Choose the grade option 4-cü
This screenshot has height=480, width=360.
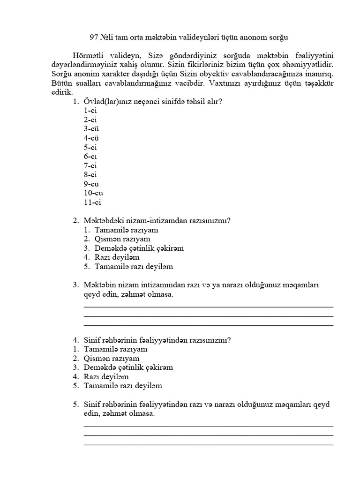91,138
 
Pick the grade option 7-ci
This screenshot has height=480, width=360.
90,165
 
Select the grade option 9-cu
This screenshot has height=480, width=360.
91,184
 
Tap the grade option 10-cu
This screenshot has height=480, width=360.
93,193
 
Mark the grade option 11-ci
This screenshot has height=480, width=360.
92,202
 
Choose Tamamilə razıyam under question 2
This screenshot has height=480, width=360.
126,230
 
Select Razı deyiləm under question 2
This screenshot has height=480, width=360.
117,257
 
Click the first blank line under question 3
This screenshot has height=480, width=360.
208,306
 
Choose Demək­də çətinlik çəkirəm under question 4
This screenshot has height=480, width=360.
128,367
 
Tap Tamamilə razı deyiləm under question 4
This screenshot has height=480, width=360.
122,386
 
